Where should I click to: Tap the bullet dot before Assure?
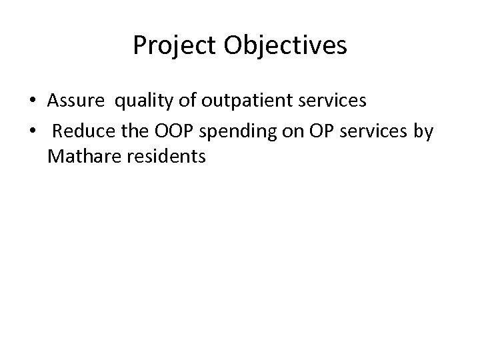pyautogui.click(x=33, y=101)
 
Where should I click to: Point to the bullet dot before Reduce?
pyautogui.click(x=33, y=132)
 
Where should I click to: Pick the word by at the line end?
pyautogui.click(x=423, y=132)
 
